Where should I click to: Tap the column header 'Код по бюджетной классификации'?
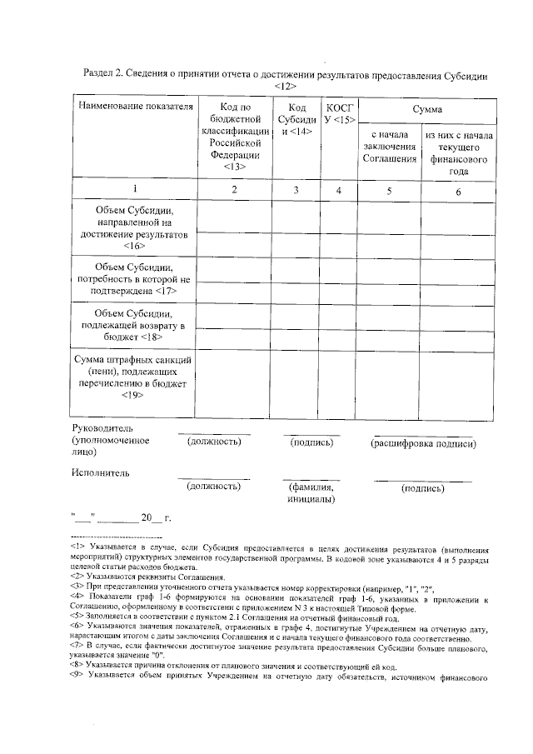234,137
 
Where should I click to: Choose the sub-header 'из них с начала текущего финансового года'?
459,153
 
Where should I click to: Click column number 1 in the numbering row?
135,189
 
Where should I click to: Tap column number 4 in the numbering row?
338,190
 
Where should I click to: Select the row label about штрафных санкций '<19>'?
135,377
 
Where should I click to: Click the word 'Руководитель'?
98,428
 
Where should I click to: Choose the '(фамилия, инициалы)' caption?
311,493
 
